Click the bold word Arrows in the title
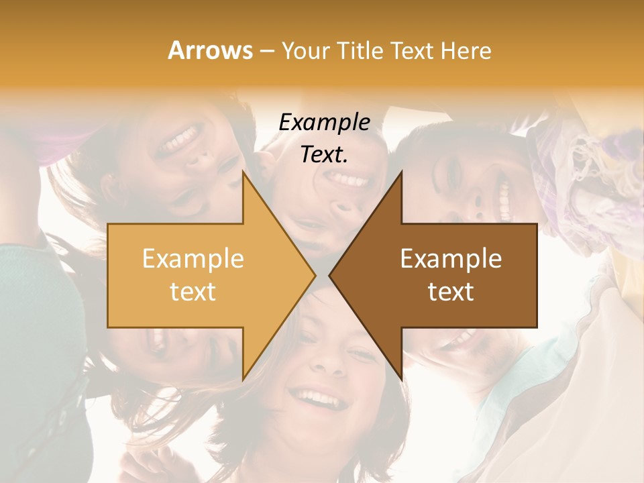click(x=210, y=50)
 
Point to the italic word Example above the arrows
click(x=325, y=122)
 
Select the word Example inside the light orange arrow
click(x=193, y=259)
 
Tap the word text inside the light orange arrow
click(x=193, y=292)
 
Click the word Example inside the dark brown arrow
click(x=451, y=259)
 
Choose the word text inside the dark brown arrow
click(x=451, y=292)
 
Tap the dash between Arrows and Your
click(x=266, y=51)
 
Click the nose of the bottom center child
click(x=328, y=364)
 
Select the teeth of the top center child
click(x=349, y=180)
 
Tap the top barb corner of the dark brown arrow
click(x=401, y=171)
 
